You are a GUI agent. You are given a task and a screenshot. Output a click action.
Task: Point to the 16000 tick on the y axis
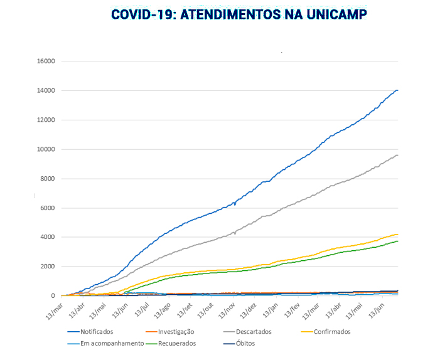pos(46,61)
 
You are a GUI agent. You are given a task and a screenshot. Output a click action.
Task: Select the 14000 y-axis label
pos(46,91)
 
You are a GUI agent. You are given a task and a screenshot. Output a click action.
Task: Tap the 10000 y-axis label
pos(46,149)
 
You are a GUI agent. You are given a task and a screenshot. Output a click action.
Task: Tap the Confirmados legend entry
pos(333,332)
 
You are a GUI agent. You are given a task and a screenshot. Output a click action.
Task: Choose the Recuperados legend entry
pos(177,343)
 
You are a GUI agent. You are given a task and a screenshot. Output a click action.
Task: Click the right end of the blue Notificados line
pos(397,90)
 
